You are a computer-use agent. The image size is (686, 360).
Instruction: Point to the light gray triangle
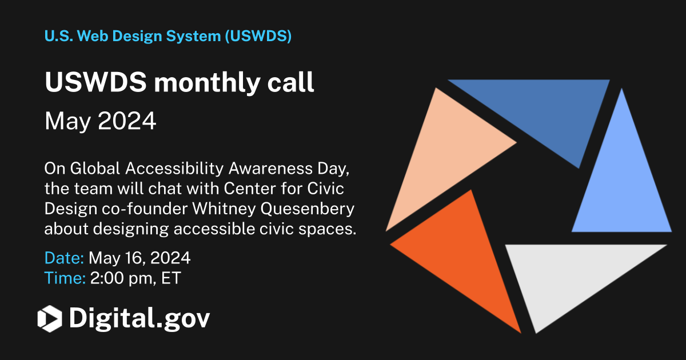tap(572, 274)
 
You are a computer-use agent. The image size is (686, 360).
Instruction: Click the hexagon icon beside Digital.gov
tap(49, 318)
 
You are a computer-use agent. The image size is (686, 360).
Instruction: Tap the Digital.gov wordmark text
tap(139, 318)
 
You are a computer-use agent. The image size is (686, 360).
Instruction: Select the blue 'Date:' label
tap(64, 258)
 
